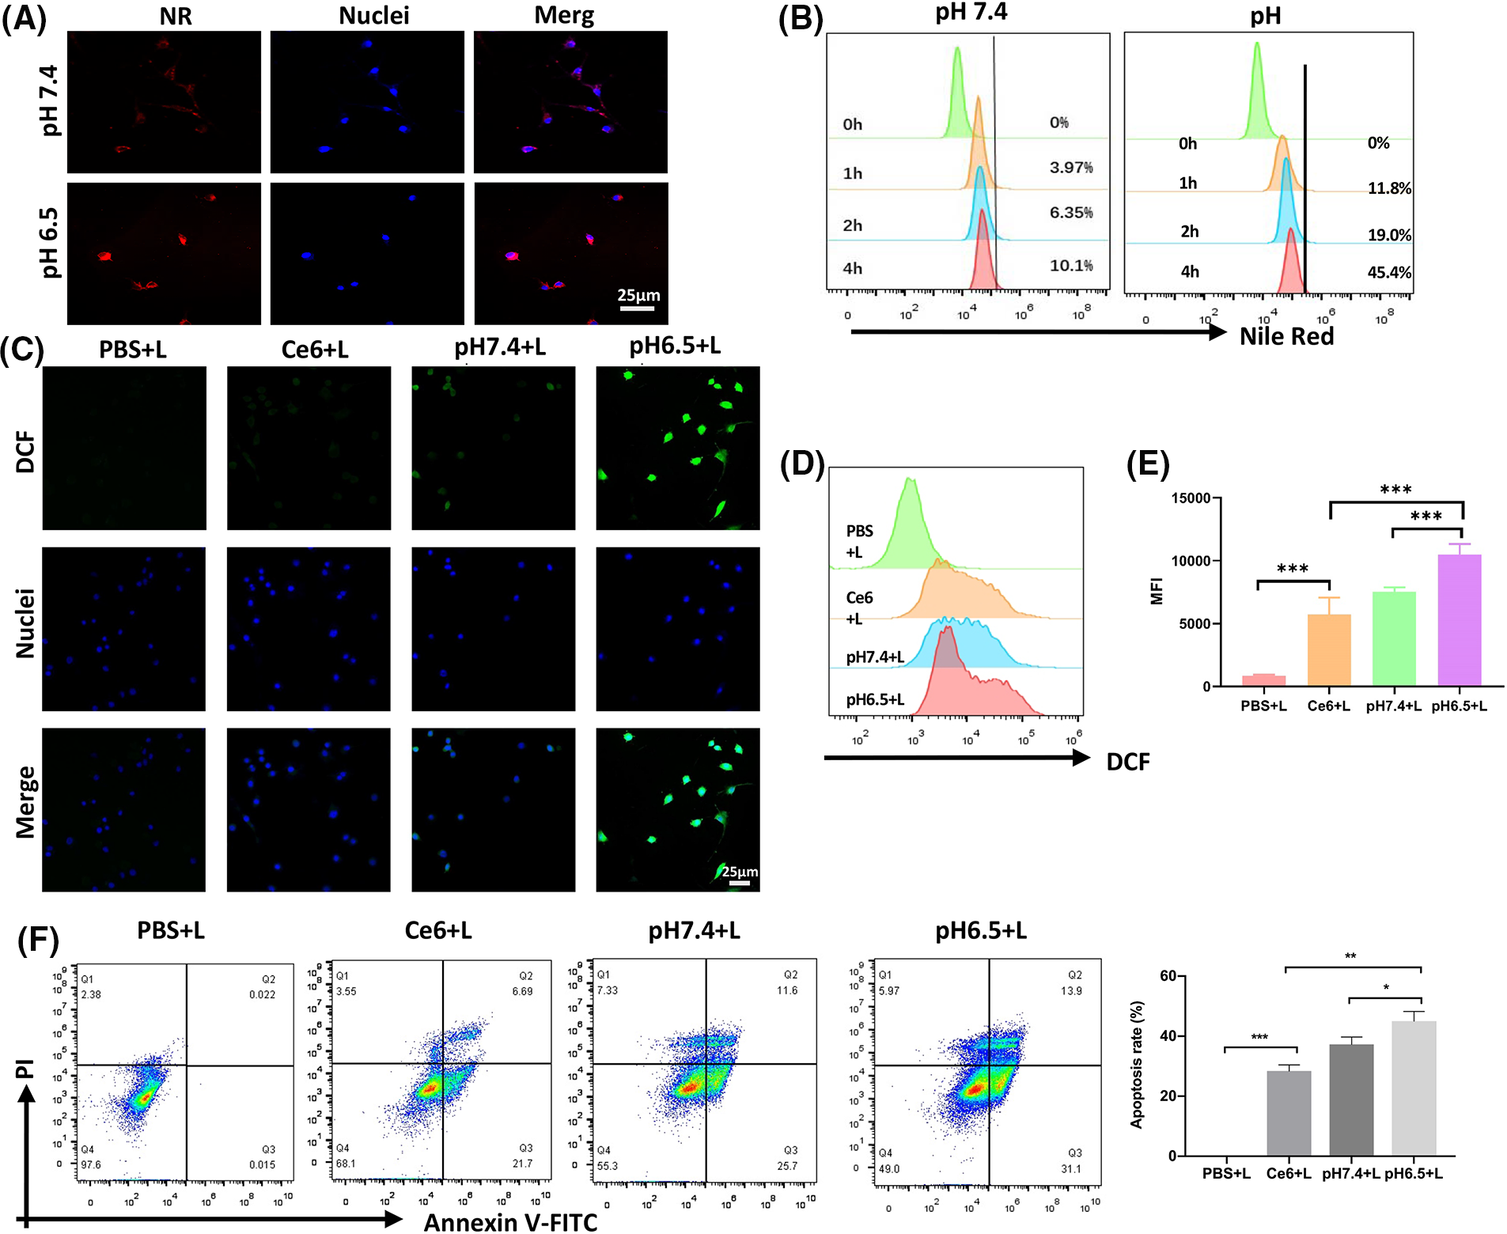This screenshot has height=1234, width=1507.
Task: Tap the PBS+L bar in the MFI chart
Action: (x=1263, y=680)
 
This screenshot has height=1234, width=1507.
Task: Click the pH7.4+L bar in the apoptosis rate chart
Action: (x=1351, y=1100)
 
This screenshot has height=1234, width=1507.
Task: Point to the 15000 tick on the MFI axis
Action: (x=1191, y=498)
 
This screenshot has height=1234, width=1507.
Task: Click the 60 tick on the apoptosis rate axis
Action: (x=1168, y=976)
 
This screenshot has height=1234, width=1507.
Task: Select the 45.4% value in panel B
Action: (x=1389, y=273)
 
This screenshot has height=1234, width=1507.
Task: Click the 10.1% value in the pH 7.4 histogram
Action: (x=1071, y=266)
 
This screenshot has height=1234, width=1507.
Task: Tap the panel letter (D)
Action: (x=802, y=464)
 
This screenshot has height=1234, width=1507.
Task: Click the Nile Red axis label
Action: (x=1286, y=336)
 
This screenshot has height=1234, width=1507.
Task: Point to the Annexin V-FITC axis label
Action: (x=510, y=1222)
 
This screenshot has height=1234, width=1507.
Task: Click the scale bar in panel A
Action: (x=637, y=308)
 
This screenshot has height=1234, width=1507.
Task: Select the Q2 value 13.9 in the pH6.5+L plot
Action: (x=1071, y=990)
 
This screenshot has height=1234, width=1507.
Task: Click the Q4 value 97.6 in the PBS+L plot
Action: (x=91, y=1164)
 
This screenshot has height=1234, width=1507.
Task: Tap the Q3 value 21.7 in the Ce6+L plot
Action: (x=522, y=1163)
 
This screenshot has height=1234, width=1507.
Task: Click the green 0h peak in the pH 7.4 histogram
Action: (x=958, y=95)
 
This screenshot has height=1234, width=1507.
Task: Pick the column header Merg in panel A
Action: (x=564, y=15)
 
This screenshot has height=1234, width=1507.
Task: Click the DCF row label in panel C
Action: (x=25, y=452)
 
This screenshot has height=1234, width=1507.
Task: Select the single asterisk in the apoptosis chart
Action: (x=1386, y=988)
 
